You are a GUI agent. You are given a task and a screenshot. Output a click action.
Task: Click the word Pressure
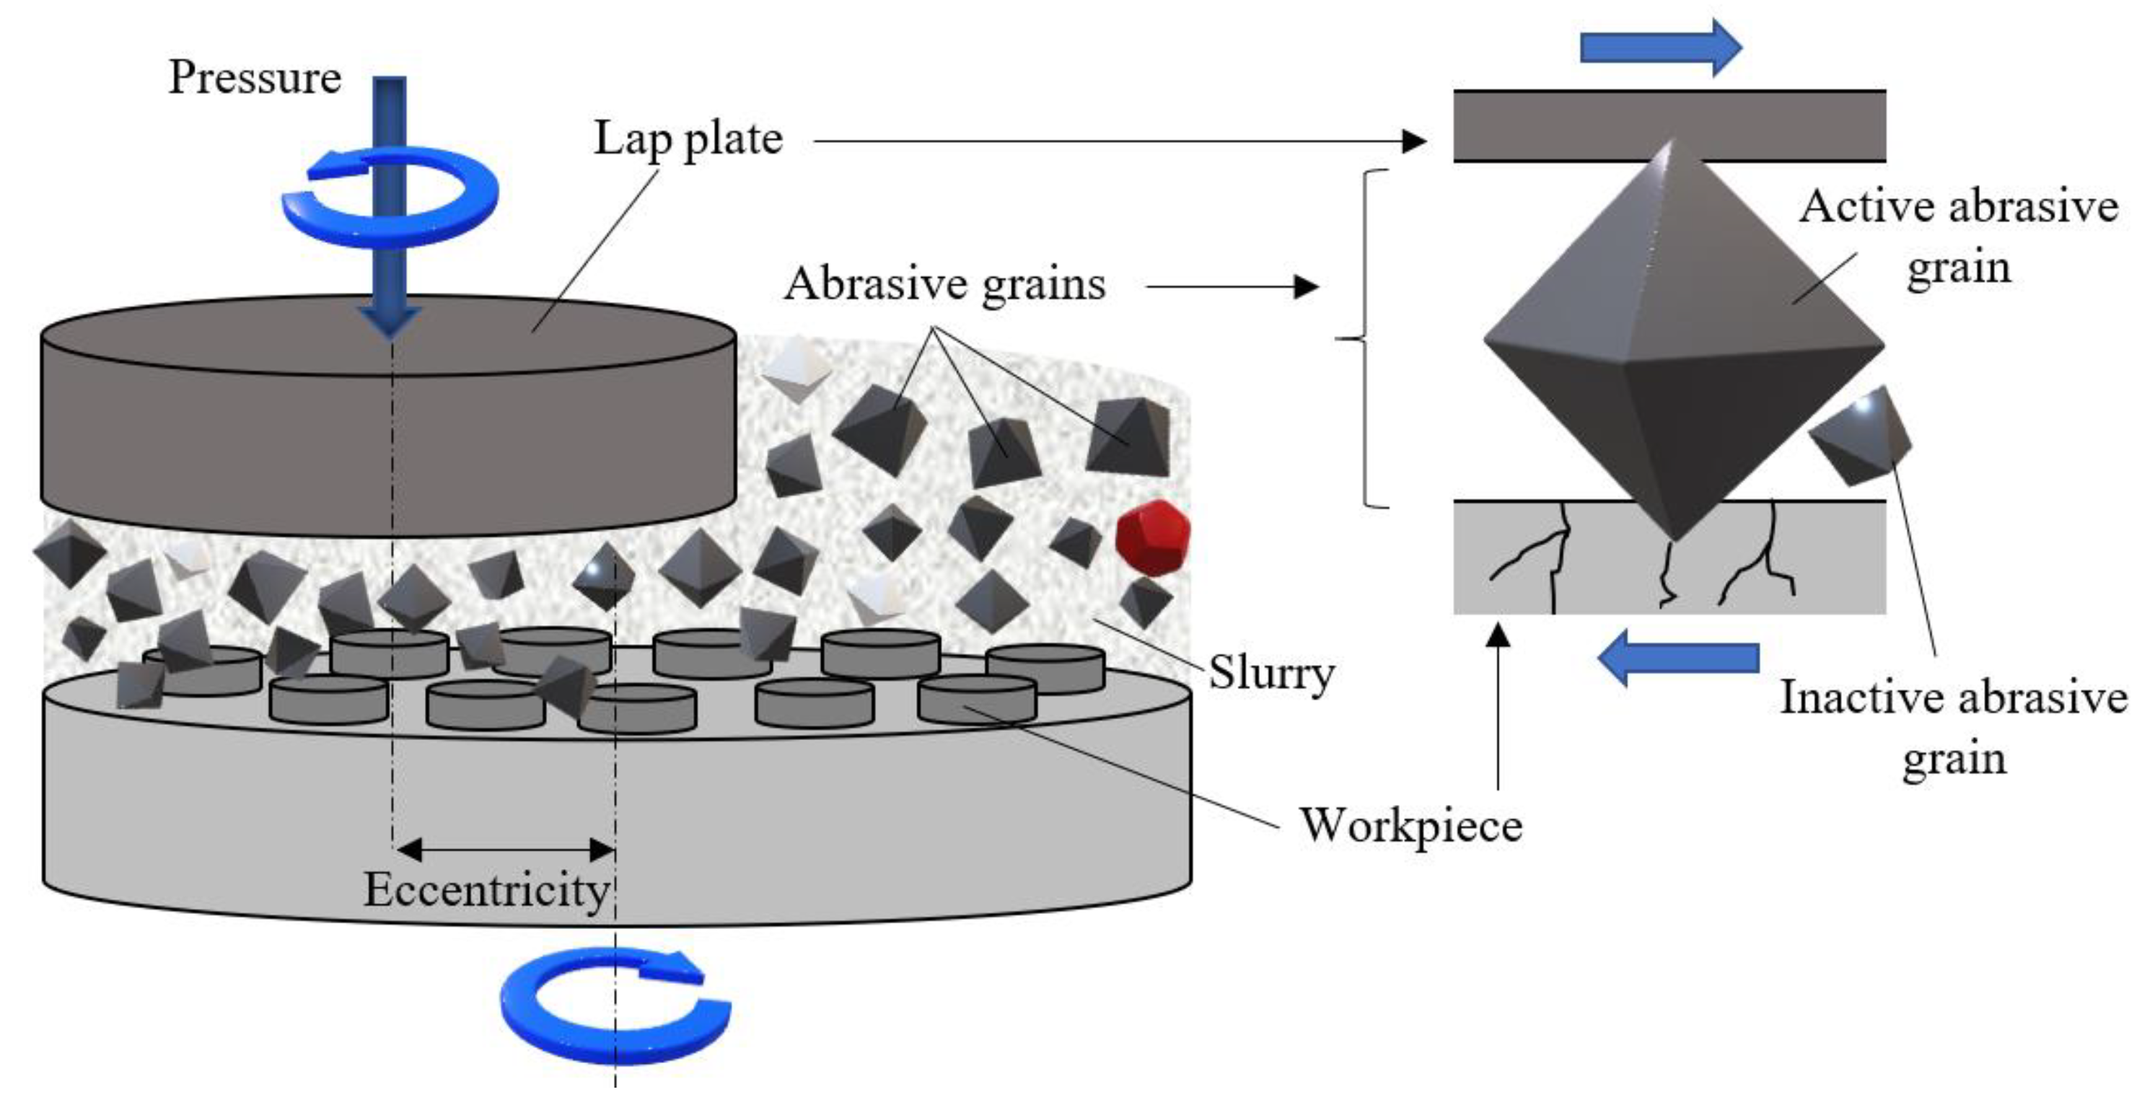[255, 78]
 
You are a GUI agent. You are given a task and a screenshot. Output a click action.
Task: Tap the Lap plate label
[688, 139]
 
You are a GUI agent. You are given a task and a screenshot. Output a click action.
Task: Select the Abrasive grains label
[944, 283]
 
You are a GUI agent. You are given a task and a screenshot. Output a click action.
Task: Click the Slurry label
[1270, 674]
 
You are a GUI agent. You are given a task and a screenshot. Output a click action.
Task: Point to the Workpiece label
[1410, 826]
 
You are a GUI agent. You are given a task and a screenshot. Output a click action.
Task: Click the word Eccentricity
[486, 889]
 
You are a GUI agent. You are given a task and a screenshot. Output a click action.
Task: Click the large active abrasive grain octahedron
[1682, 351]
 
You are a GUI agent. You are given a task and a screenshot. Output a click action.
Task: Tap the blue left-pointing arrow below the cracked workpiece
[1678, 659]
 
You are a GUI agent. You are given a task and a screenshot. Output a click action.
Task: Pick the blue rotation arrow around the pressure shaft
[390, 197]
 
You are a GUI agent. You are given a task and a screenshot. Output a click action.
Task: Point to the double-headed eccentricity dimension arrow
[504, 850]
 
